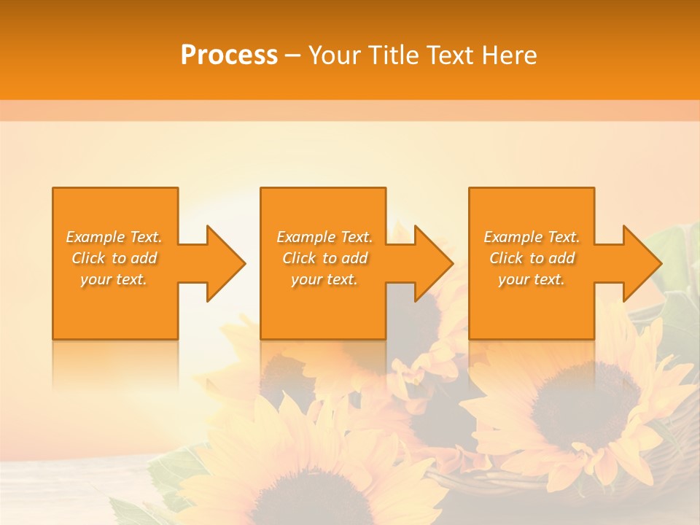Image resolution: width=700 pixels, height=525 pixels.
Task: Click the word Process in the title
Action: tap(229, 55)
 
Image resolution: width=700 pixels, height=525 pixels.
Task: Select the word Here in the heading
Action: tap(510, 55)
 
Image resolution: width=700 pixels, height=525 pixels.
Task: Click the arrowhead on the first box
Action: tap(223, 263)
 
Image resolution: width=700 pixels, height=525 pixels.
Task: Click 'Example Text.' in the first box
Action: tap(114, 237)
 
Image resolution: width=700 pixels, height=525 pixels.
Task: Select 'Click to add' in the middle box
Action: tap(324, 258)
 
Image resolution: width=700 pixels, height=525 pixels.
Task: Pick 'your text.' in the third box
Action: tap(532, 279)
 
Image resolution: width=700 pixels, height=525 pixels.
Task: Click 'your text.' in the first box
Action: tap(114, 279)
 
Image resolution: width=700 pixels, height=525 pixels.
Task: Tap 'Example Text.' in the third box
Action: tap(532, 237)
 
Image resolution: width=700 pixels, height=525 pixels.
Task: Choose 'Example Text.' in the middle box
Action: tap(324, 237)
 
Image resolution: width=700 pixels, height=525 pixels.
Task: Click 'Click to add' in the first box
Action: tap(114, 258)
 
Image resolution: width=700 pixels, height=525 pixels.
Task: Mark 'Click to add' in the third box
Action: tap(532, 258)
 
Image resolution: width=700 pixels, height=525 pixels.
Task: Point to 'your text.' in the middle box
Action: tap(324, 279)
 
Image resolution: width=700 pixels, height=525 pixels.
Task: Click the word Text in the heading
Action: tap(453, 55)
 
